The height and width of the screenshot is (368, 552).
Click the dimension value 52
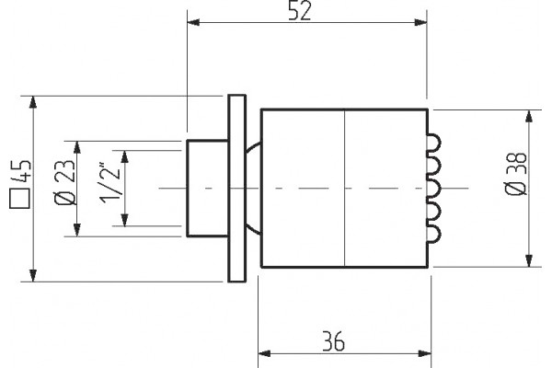pyautogui.click(x=300, y=10)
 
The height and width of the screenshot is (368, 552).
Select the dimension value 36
pyautogui.click(x=334, y=341)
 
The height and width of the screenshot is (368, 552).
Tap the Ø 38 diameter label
pyautogui.click(x=516, y=174)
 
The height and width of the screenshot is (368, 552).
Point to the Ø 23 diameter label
pyautogui.click(x=65, y=182)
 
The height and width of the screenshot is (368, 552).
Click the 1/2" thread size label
pyautogui.click(x=110, y=183)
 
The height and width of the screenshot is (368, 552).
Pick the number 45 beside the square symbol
pyautogui.click(x=20, y=171)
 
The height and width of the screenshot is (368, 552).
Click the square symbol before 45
pyautogui.click(x=19, y=199)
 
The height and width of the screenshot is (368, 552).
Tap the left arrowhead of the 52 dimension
pyautogui.click(x=193, y=22)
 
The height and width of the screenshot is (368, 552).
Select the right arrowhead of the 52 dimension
pyautogui.click(x=420, y=22)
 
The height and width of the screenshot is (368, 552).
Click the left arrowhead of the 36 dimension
pyautogui.click(x=264, y=353)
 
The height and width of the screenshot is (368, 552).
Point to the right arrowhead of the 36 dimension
pyautogui.click(x=424, y=353)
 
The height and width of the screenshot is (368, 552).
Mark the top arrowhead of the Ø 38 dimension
pyautogui.click(x=528, y=116)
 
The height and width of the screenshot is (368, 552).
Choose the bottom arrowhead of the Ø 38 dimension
pyautogui.click(x=528, y=260)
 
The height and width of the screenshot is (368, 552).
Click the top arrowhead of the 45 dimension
pyautogui.click(x=33, y=102)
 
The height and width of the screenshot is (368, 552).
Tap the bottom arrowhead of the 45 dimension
pyautogui.click(x=33, y=275)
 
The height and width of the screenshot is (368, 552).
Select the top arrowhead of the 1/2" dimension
pyautogui.click(x=124, y=156)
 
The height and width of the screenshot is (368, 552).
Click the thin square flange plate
pyautogui.click(x=237, y=189)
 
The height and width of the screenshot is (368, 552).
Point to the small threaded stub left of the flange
pyautogui.click(x=207, y=189)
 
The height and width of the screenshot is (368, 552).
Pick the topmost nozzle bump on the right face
pyautogui.click(x=433, y=143)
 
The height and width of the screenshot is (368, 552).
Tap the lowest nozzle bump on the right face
pyautogui.click(x=433, y=234)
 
